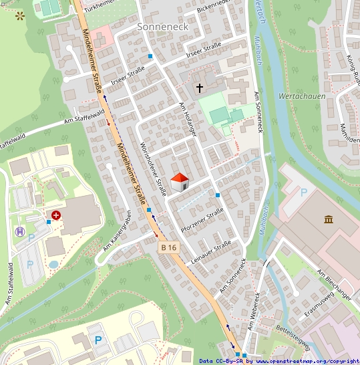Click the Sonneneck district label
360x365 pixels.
click(163, 27)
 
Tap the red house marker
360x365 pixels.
click(180, 181)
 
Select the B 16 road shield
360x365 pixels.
click(170, 247)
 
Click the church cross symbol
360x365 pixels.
click(199, 88)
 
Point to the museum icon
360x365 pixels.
click(329, 219)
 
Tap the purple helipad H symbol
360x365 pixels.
click(21, 232)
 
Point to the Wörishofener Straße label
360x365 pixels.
click(154, 170)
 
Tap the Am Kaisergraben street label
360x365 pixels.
click(116, 231)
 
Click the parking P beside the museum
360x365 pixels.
click(304, 193)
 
